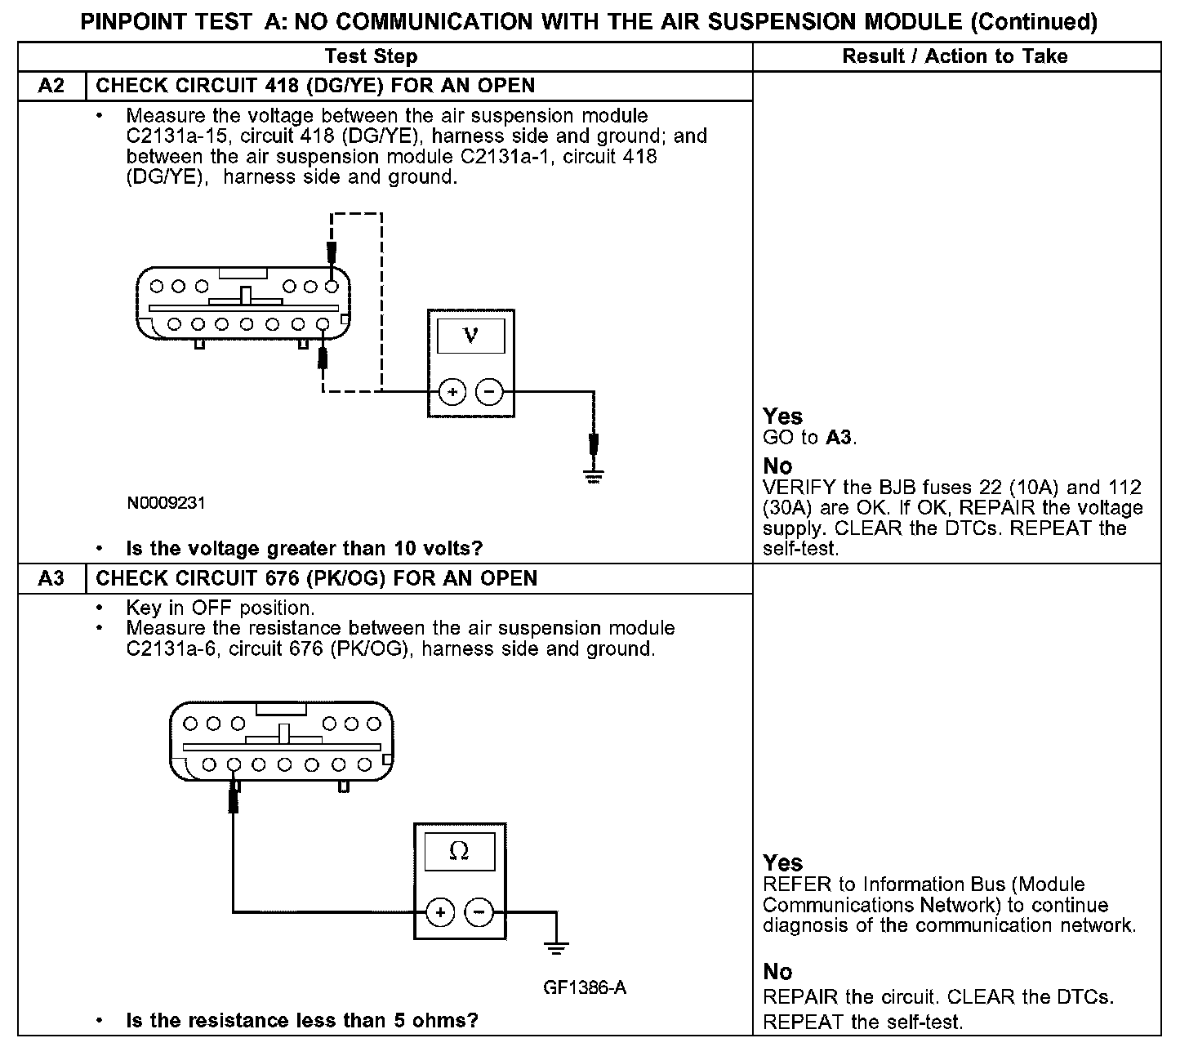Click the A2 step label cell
click(51, 86)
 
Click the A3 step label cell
click(51, 578)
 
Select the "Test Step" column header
click(371, 56)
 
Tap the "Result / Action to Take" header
click(955, 56)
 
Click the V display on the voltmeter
click(470, 336)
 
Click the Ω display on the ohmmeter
click(459, 852)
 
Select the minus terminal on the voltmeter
click(489, 392)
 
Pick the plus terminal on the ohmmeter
click(440, 911)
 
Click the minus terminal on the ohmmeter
click(479, 911)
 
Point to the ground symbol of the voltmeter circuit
click(594, 476)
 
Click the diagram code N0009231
click(166, 503)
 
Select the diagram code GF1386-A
click(585, 987)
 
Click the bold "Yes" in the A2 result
click(782, 417)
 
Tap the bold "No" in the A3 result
click(777, 972)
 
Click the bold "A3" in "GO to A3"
click(839, 438)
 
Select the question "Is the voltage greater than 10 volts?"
click(304, 548)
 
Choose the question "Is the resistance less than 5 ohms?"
click(301, 1020)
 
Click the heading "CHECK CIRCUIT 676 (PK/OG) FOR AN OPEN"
click(317, 578)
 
